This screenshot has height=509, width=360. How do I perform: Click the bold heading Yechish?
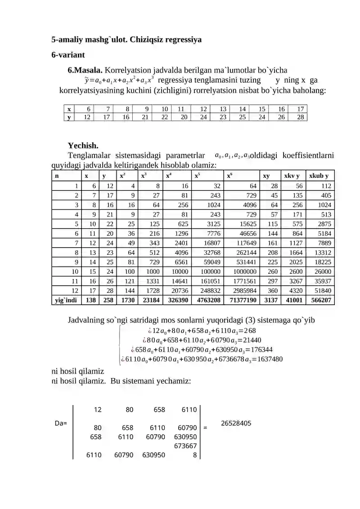click(83, 145)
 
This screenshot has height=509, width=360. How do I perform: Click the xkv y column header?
click(291, 176)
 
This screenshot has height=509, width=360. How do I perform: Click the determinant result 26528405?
click(236, 423)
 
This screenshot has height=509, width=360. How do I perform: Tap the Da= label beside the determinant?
click(61, 423)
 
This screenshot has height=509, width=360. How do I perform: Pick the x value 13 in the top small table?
click(223, 109)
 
